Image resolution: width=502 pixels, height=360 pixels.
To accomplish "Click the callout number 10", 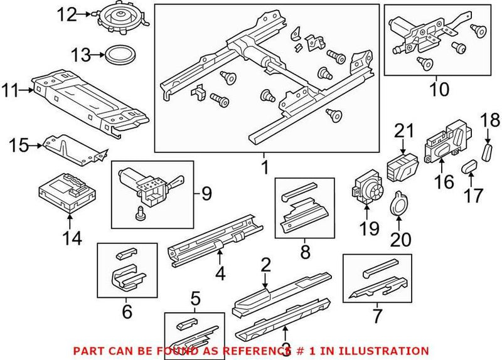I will pos(439,90).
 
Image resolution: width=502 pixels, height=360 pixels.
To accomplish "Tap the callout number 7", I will pos(377,314).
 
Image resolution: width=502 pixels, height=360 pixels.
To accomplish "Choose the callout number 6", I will pos(127,310).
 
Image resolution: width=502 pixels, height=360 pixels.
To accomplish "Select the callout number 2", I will pos(265,265).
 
